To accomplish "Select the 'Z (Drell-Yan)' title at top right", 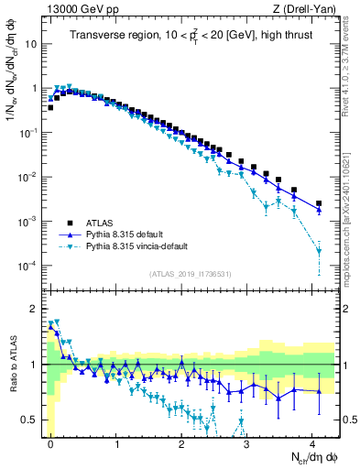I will tap(304, 9).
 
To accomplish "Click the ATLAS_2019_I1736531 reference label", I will tap(190, 274).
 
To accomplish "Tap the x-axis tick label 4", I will tap(312, 442).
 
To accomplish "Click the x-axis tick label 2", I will tap(181, 442).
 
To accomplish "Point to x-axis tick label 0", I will tap(50, 442).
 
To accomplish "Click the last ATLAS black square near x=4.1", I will tap(319, 203).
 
